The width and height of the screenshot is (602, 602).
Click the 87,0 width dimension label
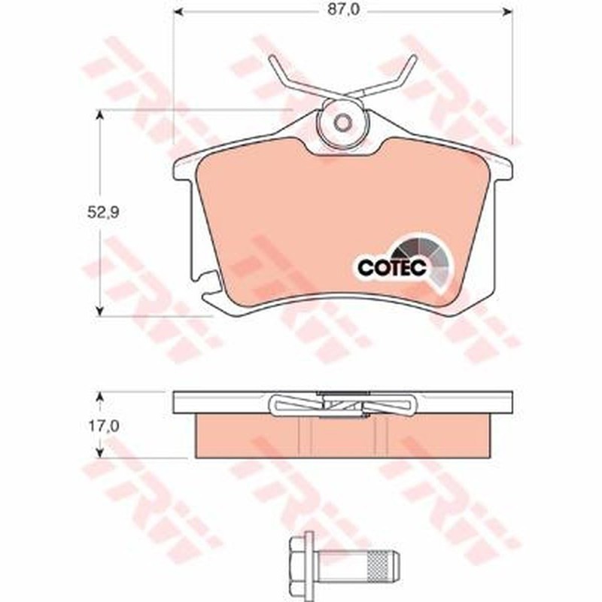click(344, 10)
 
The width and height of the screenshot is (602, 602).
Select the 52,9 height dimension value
click(103, 212)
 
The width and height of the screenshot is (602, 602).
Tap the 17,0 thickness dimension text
click(104, 426)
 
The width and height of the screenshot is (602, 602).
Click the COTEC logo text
click(392, 268)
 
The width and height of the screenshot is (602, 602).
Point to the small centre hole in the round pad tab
click(343, 123)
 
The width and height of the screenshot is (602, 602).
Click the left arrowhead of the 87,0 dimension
click(179, 12)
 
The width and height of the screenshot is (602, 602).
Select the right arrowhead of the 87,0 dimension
click(507, 12)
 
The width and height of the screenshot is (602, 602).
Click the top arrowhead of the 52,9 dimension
click(100, 116)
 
